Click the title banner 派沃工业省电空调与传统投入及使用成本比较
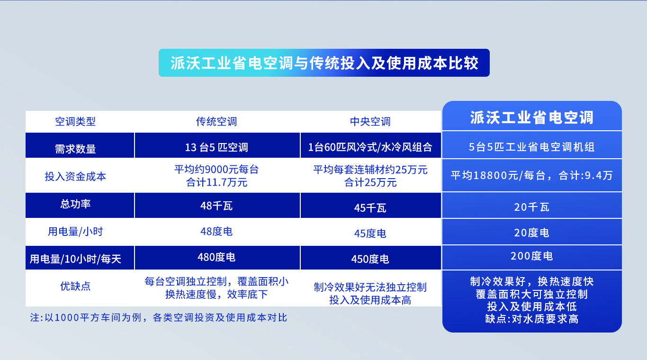click(x=324, y=63)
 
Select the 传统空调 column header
click(x=216, y=122)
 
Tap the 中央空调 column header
click(x=370, y=122)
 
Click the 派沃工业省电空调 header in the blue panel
click(x=531, y=117)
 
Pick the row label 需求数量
click(x=75, y=149)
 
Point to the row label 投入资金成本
click(x=75, y=177)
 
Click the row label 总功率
click(x=75, y=205)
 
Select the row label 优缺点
click(x=75, y=286)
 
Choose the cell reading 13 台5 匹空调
click(x=216, y=147)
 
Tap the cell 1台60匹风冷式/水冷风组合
click(x=370, y=147)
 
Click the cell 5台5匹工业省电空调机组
click(x=531, y=147)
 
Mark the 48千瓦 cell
click(x=216, y=206)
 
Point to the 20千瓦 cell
click(x=531, y=207)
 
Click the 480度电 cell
click(x=216, y=257)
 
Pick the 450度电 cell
click(x=370, y=259)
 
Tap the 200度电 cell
click(x=531, y=256)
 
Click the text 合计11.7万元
click(x=216, y=182)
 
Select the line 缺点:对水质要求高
click(x=531, y=319)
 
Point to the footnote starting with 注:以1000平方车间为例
click(x=159, y=317)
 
